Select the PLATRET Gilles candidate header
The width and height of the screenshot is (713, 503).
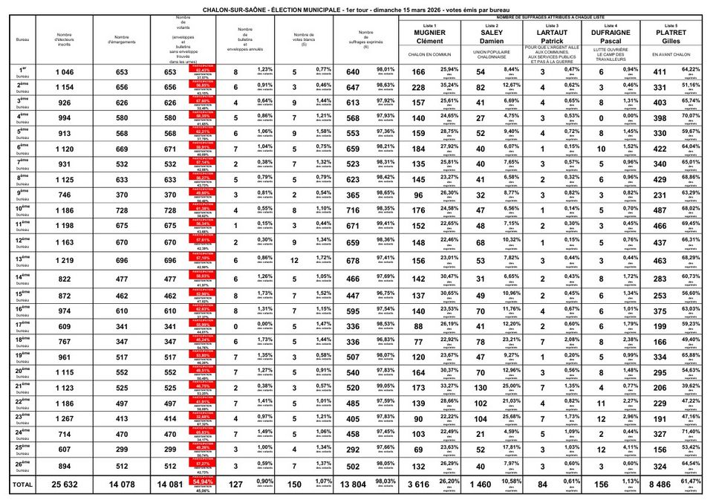671,36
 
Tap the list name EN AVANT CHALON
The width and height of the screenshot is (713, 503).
671,55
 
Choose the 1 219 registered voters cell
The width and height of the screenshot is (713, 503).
65,260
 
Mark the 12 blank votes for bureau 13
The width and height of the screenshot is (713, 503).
294,260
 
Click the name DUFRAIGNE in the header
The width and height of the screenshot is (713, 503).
611,33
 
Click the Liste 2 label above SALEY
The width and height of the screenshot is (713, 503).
491,25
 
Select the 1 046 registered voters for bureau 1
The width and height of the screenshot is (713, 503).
65,72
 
